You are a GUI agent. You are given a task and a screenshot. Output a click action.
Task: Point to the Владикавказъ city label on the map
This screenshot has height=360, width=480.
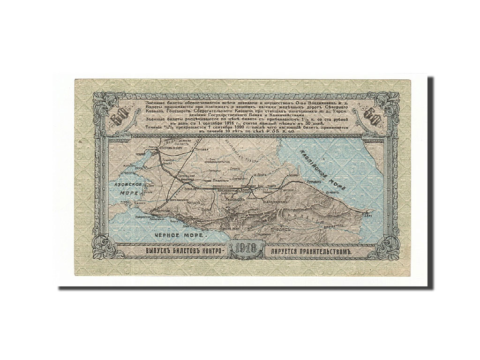[266, 196]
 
